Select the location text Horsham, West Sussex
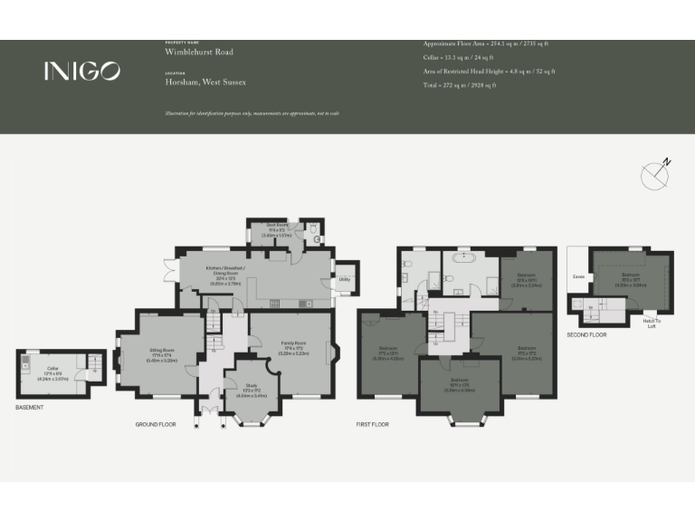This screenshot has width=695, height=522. pos(205,82)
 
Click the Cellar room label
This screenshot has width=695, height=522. pos(51,370)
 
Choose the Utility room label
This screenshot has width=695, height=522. pos(345,279)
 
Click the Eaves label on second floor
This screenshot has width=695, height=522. pos(577,277)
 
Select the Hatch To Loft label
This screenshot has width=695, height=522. pos(652,324)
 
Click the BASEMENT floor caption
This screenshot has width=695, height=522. pos(30,408)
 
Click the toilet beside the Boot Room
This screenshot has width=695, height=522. pos(312,231)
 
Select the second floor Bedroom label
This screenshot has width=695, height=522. pos(632,275)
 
